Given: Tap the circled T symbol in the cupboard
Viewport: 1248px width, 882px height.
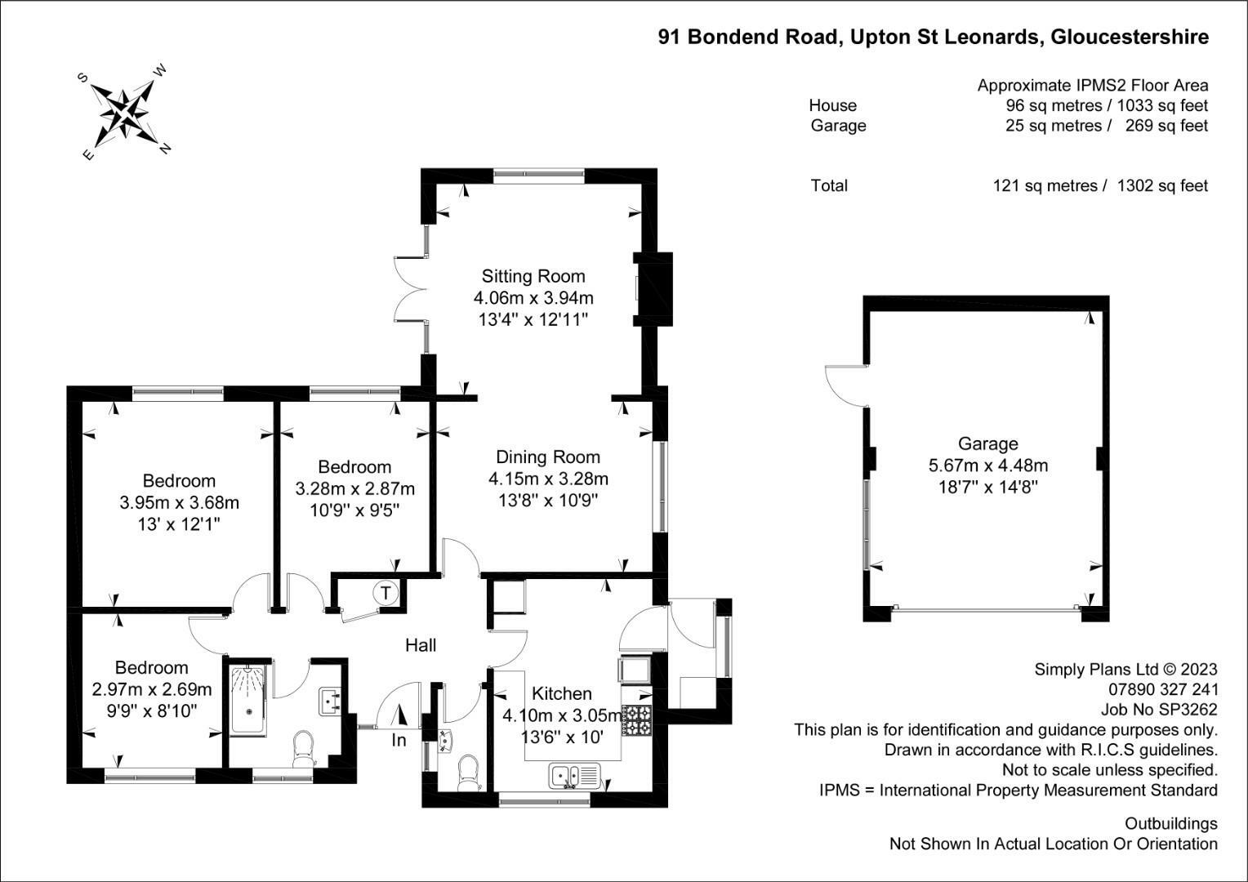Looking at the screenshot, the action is (386, 592).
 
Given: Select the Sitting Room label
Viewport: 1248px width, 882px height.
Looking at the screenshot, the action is (533, 276).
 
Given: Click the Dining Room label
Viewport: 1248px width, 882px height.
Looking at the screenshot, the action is (548, 457).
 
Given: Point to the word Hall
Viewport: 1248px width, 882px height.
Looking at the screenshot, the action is (421, 645).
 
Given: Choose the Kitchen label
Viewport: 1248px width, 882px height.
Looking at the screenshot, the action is (562, 693).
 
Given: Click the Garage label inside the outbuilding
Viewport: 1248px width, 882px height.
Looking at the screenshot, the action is (987, 443).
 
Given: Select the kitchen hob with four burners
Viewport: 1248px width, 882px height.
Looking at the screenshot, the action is (636, 720).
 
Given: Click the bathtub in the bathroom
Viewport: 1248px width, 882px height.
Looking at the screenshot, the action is (248, 699).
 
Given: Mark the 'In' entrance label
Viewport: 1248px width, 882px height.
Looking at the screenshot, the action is (399, 741).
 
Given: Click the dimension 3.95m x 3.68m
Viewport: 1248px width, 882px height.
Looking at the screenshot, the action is (180, 503).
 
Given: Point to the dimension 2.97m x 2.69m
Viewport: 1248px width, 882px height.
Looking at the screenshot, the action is (152, 690).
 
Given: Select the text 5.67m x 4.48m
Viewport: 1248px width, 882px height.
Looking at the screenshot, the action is (987, 465).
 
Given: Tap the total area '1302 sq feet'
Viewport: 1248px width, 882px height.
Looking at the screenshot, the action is (1162, 185).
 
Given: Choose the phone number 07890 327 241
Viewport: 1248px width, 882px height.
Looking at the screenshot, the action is (1163, 689).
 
